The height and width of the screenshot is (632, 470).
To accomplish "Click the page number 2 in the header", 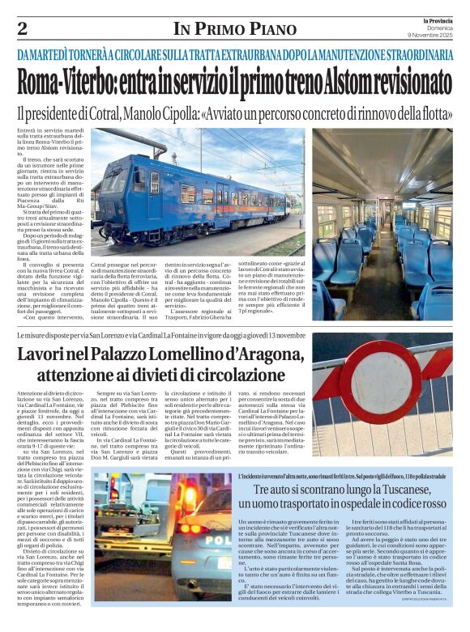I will (22, 29).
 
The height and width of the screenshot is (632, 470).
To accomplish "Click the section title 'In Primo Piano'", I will (234, 30).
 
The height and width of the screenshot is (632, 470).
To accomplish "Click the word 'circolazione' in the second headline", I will (260, 375).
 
